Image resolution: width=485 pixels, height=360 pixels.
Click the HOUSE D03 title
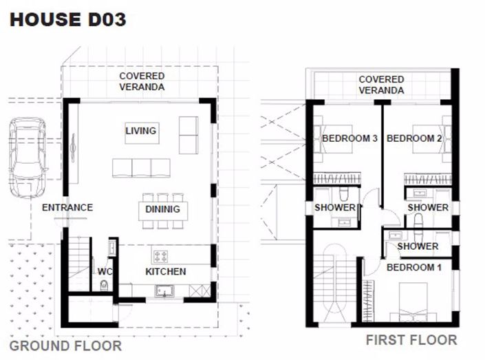pyautogui.click(x=67, y=20)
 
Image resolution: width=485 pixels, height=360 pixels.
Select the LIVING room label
pyautogui.click(x=141, y=130)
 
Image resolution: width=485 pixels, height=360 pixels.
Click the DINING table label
pyautogui.click(x=163, y=209)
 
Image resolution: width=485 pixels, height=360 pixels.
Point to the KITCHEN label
pyautogui.click(x=165, y=271)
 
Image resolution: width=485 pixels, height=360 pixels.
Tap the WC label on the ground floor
pyautogui.click(x=103, y=271)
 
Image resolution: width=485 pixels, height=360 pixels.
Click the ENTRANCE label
pyautogui.click(x=67, y=207)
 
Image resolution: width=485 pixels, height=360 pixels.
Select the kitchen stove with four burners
pyautogui.click(x=160, y=256)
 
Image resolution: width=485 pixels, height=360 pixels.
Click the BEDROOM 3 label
pyautogui.click(x=349, y=138)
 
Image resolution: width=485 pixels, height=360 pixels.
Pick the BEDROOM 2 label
pyautogui.click(x=414, y=138)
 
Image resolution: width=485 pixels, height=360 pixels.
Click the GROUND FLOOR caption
pyautogui.click(x=65, y=346)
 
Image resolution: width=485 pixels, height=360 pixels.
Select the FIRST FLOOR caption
pyautogui.click(x=411, y=339)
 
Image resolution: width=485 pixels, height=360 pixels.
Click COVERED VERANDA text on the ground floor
pyautogui.click(x=142, y=81)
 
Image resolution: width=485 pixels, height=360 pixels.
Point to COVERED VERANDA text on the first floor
pyautogui.click(x=381, y=85)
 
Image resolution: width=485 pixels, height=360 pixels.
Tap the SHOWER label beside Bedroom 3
pyautogui.click(x=335, y=207)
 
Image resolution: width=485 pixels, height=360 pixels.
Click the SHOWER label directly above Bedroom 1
pyautogui.click(x=418, y=246)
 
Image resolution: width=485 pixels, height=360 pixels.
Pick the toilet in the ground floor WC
pyautogui.click(x=104, y=285)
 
